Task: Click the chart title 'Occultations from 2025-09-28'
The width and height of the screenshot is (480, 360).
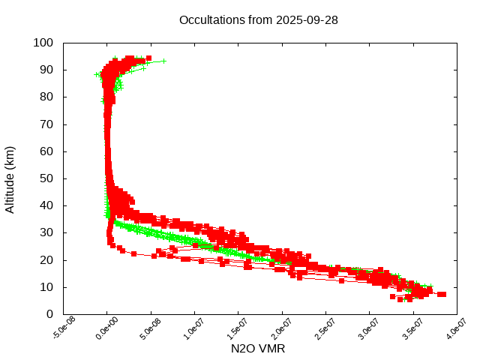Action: point(259,19)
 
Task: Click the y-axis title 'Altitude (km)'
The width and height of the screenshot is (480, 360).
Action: point(10,178)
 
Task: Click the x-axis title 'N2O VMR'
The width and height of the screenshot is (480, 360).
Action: point(259,349)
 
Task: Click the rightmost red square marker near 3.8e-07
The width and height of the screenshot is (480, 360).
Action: point(442,294)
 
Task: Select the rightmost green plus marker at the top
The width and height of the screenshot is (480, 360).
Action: point(163,61)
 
